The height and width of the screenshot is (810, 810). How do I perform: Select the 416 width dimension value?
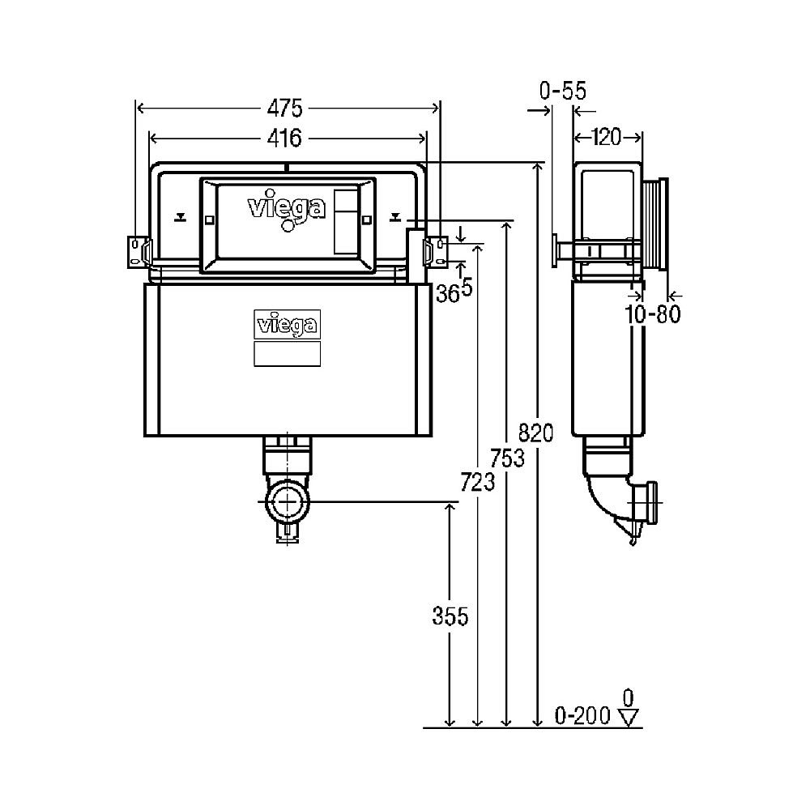tap(284, 139)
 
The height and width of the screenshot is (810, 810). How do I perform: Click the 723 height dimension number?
tap(478, 484)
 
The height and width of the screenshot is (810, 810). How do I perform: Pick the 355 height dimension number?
tap(450, 616)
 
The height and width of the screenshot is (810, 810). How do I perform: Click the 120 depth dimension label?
tap(607, 138)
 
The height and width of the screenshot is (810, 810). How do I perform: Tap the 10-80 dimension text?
tap(653, 314)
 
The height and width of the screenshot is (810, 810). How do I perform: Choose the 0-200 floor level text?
tap(582, 716)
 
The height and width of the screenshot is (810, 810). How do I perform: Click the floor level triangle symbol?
tap(629, 716)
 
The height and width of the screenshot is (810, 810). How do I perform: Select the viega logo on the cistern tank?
tap(288, 325)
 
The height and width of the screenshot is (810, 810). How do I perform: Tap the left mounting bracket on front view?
tap(139, 250)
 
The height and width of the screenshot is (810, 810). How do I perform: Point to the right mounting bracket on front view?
tap(437, 250)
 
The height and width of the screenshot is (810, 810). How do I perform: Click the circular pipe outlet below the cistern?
tap(286, 502)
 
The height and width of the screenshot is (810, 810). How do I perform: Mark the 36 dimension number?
tap(446, 294)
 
